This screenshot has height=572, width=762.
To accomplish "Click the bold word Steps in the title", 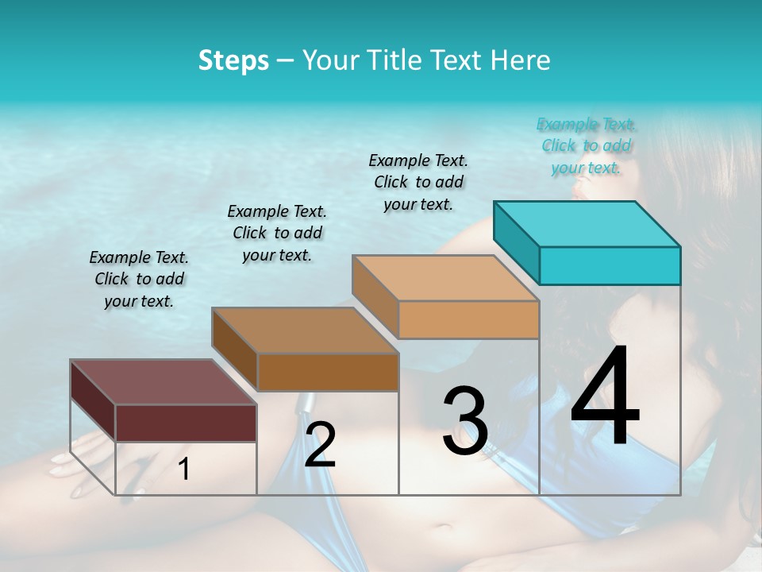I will pos(233,60).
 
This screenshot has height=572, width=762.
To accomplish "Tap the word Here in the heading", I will pos(521,60).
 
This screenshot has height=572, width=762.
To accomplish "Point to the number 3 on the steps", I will pos(465,421).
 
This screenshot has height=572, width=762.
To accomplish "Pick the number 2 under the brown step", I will pos(320,445).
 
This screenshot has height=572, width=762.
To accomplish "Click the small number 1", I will pos(184,470).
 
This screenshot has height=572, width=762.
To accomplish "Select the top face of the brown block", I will pos(305,330).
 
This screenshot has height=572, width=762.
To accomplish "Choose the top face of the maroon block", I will pos(164,382).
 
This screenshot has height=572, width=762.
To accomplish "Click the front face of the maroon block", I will pos(186,423).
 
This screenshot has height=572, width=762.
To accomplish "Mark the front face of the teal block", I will pos(610,265).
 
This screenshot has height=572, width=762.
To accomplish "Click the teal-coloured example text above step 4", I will pos(586,145).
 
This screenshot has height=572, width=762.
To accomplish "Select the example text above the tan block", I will pos(418,182).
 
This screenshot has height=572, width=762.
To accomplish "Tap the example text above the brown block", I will pos(277,233).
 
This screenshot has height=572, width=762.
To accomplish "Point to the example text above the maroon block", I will pos(139,279).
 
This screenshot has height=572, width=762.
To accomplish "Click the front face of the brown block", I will pos(327,372).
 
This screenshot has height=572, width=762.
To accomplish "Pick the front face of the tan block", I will pos(468,319).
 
